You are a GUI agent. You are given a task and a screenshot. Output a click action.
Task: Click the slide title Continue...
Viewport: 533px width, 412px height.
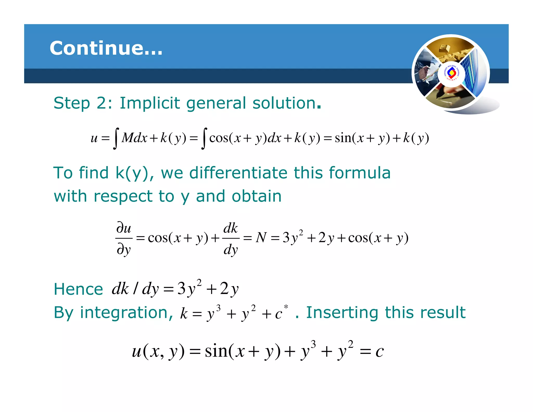tap(106, 48)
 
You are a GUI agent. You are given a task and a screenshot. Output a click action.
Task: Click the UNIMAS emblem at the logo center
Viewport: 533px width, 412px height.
tap(451, 73)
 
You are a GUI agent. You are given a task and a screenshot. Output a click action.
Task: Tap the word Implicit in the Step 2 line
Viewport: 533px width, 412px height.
tap(149, 103)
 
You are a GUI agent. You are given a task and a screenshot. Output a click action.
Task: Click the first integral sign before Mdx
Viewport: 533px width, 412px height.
tap(116, 138)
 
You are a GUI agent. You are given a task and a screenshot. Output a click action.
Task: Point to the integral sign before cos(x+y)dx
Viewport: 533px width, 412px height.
tap(204, 138)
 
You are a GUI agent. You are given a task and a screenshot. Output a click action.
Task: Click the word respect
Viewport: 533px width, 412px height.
tap(123, 196)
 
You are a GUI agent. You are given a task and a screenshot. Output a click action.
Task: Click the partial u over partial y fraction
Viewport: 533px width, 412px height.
tap(124, 238)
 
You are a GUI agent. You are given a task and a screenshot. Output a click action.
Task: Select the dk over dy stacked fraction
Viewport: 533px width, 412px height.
tap(231, 238)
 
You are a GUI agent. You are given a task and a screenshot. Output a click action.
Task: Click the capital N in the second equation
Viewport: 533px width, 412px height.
tap(261, 238)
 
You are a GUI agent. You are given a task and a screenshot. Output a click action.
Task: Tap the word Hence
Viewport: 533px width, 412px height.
tap(78, 289)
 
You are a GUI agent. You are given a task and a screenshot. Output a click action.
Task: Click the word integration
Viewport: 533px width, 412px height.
tap(126, 313)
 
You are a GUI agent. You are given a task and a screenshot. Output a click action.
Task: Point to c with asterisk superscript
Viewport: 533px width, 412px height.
tap(281, 313)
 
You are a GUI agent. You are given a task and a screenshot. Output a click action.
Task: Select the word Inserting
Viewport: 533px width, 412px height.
tap(342, 313)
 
